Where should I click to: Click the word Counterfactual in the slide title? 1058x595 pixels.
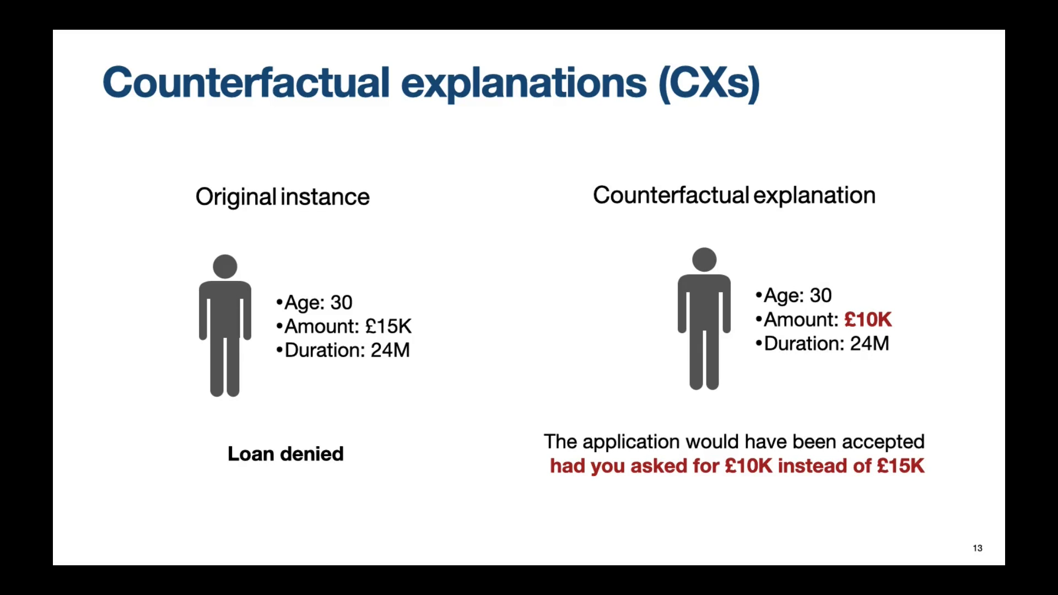pos(246,83)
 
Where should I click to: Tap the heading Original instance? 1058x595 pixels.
pos(282,197)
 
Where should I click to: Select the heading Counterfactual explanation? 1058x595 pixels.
pos(733,195)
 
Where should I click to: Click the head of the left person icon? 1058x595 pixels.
pos(225,267)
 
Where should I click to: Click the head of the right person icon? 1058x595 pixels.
pos(704,259)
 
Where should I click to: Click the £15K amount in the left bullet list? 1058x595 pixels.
pos(388,326)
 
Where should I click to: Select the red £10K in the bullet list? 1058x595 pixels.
pos(867,320)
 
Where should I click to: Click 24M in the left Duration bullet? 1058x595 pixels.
pos(390,350)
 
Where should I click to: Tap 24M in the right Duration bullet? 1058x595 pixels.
pos(870,344)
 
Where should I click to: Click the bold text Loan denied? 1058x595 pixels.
pos(285,454)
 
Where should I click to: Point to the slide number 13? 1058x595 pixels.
pos(978,548)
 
